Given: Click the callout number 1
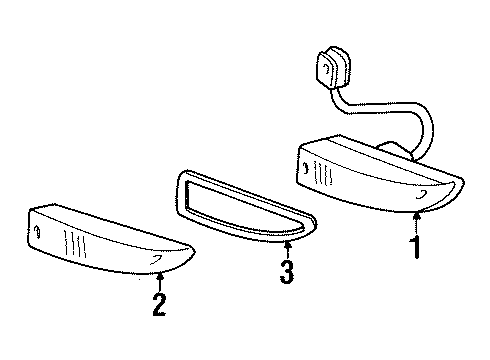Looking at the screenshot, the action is [416, 247].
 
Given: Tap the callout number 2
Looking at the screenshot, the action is [159, 304].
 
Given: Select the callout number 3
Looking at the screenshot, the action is [287, 272].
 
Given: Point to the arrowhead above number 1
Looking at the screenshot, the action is [416, 216].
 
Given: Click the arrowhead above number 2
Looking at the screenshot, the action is [160, 276].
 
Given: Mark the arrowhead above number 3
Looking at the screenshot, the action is [288, 246].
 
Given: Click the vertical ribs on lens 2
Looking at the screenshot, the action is [75, 244].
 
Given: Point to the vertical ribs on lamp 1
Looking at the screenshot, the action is [323, 173].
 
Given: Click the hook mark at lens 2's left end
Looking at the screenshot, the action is [38, 232].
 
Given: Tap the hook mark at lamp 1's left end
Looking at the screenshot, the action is [305, 169].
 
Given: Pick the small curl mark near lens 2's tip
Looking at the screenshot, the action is [155, 259].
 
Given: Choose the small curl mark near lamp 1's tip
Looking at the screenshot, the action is [422, 194].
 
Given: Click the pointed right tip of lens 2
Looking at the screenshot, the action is [195, 252].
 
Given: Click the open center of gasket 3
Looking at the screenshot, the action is [239, 207].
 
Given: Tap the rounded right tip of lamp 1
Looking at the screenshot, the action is [463, 183].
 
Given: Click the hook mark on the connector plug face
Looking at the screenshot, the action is [326, 69].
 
